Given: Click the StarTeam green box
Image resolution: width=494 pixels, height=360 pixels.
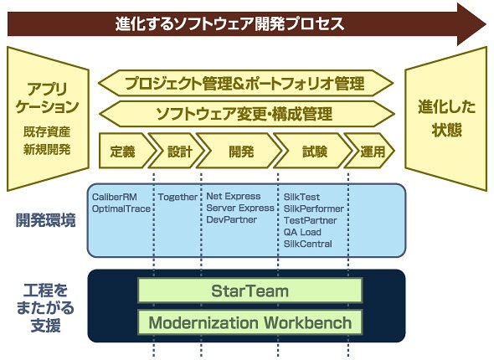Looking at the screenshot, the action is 250,291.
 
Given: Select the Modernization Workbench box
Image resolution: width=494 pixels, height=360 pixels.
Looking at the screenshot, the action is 250,322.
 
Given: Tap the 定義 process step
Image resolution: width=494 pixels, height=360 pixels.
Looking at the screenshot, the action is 126,151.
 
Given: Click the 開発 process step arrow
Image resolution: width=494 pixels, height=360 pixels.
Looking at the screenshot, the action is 239,151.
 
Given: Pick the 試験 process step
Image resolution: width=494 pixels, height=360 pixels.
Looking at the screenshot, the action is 312,151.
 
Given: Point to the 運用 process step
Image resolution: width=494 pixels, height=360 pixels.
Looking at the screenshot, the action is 369,151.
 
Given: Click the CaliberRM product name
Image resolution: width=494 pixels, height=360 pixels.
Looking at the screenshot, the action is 115,198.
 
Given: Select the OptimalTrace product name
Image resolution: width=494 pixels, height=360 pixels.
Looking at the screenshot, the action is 121,208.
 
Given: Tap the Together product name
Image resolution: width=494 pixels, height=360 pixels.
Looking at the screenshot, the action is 178,198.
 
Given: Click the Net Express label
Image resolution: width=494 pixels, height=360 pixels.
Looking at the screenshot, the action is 234,196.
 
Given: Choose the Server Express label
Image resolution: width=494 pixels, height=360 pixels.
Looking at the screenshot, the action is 240,208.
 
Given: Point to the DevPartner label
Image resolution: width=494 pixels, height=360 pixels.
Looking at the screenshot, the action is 232,219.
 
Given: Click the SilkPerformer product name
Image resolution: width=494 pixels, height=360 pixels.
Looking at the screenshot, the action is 314,208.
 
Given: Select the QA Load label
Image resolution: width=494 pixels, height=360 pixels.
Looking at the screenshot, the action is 302,232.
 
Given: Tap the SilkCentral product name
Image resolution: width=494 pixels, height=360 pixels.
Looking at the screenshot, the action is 308,244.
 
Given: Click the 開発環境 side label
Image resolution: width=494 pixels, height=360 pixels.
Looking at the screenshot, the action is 46,220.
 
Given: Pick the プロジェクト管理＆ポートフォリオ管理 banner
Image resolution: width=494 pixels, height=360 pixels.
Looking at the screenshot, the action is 246,83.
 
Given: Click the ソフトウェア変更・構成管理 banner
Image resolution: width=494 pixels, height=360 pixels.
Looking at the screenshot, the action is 246,114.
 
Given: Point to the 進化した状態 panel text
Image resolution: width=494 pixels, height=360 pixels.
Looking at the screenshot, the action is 446,118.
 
